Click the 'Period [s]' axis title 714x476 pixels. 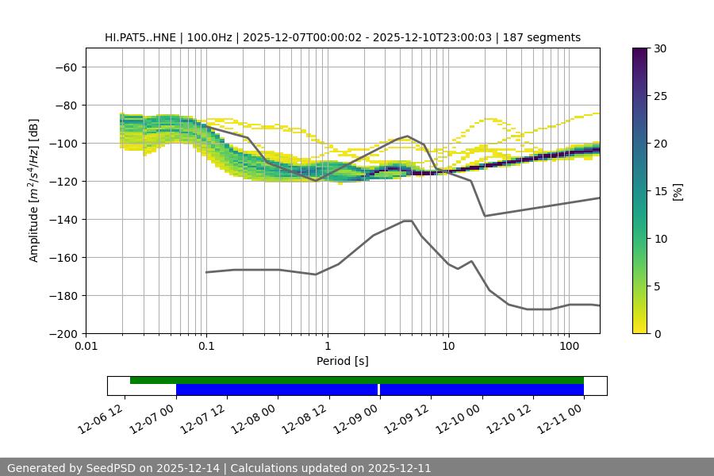[x=343, y=361]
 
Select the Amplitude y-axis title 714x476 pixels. [x=34, y=190]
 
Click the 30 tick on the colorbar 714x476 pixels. [x=659, y=48]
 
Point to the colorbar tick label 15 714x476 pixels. [x=659, y=191]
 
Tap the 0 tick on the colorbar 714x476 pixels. [x=656, y=334]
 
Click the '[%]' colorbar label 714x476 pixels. [x=677, y=191]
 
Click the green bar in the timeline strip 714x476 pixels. [x=357, y=380]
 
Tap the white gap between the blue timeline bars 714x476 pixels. [x=379, y=390]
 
